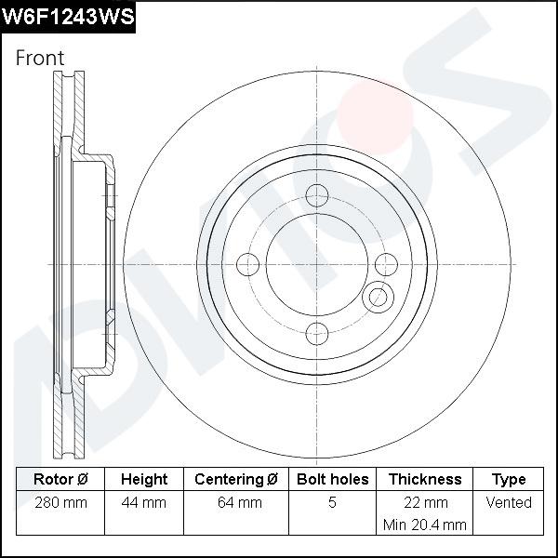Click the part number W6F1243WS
tap(68, 16)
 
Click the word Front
tap(40, 58)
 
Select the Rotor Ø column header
tap(60, 479)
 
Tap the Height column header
tap(144, 479)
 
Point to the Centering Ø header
tap(235, 479)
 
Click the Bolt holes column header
tap(332, 479)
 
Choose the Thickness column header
tap(424, 479)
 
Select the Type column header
tap(509, 479)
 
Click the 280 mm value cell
tap(60, 502)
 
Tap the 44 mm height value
tap(144, 502)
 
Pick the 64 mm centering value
tap(235, 502)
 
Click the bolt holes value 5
tap(332, 502)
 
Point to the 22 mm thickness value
tap(424, 502)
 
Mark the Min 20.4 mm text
tap(424, 525)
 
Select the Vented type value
tap(509, 502)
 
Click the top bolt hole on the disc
tap(318, 195)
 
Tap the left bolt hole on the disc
tap(248, 264)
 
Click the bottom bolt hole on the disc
tap(318, 333)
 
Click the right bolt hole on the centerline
tap(387, 264)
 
